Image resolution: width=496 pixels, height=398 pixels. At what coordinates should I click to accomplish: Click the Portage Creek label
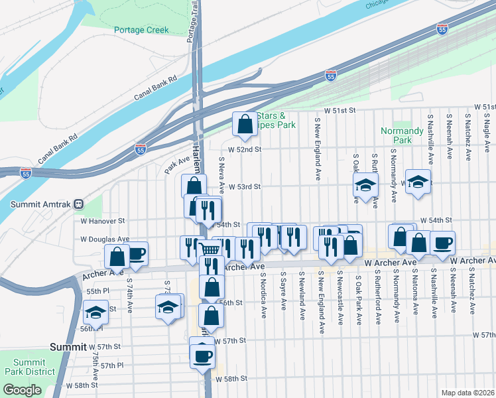point(141,30)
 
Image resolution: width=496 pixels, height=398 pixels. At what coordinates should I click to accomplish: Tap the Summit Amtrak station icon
point(78,204)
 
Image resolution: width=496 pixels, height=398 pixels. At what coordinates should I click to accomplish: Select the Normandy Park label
point(402,135)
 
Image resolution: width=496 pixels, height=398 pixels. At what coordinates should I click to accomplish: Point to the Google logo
point(21,390)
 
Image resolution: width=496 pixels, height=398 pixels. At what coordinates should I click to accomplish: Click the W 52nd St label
point(245,149)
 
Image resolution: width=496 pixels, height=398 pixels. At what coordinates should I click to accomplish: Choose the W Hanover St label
point(103,220)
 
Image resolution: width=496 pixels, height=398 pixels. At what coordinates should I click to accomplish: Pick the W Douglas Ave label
point(105,239)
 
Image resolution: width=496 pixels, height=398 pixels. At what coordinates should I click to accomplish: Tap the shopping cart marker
point(210,249)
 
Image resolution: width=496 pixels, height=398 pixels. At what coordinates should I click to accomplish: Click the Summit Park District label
point(30,367)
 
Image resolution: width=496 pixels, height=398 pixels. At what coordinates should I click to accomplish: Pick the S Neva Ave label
point(222,174)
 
